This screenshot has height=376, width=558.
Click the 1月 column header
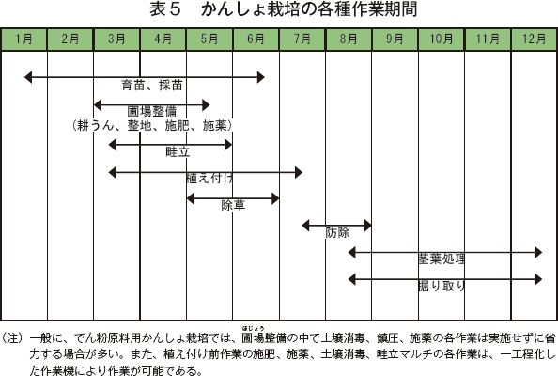[24, 39]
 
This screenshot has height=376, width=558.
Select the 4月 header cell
[163, 39]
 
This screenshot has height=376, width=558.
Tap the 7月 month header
[302, 39]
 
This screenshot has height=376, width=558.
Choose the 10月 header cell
[442, 39]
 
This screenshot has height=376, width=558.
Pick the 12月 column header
[534, 39]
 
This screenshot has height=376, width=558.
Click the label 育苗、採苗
[152, 86]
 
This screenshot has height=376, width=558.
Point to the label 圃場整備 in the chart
[152, 112]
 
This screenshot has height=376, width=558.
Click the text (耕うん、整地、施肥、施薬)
[152, 125]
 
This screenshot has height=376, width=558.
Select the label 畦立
[178, 152]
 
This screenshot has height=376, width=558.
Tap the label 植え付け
[209, 178]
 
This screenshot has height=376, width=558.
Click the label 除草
[233, 205]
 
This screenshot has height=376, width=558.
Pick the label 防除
[337, 232]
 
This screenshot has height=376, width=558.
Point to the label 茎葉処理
[442, 258]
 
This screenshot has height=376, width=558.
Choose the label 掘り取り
[442, 286]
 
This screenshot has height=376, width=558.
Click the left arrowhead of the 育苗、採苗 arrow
[28, 77]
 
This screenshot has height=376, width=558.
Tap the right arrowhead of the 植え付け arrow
[299, 173]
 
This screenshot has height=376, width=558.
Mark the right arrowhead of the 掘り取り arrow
[538, 279]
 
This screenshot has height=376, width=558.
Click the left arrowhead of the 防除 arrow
[305, 226]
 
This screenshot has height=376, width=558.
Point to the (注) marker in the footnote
[12, 337]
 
